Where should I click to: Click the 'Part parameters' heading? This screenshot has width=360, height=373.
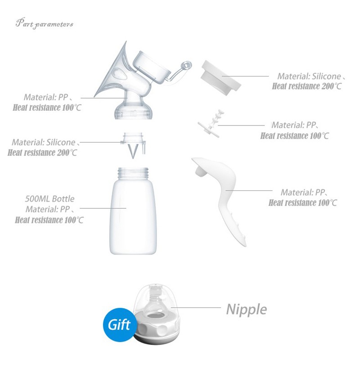pos(45,23)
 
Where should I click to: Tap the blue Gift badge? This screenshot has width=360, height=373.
pos(120,324)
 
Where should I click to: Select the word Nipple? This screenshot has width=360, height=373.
pos(246,310)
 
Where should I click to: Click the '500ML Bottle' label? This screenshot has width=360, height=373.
pos(50,198)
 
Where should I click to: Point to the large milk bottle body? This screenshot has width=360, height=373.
pos(133,216)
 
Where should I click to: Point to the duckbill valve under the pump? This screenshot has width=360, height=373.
pos(133,145)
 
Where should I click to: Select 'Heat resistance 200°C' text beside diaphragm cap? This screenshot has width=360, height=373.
pos(307,86)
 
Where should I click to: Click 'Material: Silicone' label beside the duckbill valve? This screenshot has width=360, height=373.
pos(44,142)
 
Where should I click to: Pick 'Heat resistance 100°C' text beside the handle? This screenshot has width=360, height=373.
pos(303,202)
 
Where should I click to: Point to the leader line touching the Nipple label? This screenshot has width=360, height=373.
pos(196,307)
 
